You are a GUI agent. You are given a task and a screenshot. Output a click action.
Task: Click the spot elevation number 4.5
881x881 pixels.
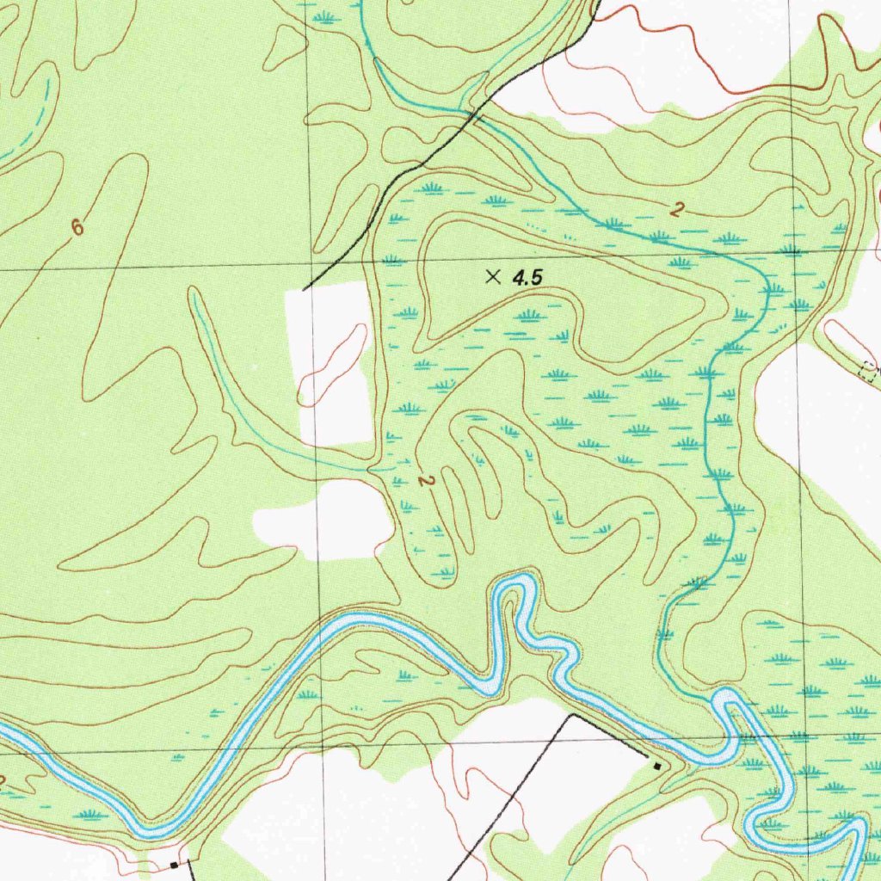(x=529, y=278)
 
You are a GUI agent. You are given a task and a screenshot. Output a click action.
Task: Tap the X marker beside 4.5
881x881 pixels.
(x=493, y=276)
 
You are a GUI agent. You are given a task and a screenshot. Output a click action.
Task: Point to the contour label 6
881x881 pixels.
(x=78, y=228)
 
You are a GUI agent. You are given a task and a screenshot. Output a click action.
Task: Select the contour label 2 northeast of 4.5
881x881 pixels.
(x=678, y=209)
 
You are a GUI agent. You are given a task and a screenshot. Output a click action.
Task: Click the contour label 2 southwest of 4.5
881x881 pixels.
(x=423, y=481)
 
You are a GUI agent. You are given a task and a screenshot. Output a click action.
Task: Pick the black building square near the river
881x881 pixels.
(x=657, y=765)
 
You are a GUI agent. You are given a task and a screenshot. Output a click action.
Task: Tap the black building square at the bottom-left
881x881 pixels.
(x=175, y=864)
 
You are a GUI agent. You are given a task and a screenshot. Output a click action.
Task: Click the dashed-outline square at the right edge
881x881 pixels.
(x=868, y=371)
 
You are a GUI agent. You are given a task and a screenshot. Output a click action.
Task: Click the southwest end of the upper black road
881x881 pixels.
(x=305, y=289)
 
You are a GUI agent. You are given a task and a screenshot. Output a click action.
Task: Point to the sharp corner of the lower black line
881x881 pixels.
(x=571, y=714)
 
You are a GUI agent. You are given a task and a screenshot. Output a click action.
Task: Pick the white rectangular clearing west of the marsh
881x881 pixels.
(x=331, y=361)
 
